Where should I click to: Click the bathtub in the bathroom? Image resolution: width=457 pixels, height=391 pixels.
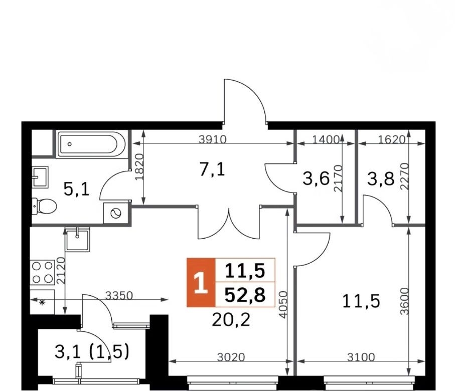click(91, 144)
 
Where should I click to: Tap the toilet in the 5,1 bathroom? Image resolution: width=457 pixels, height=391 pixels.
click(44, 206)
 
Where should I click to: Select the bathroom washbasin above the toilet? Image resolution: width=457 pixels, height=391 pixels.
click(40, 177)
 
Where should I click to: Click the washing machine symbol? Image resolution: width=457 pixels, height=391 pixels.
click(116, 214)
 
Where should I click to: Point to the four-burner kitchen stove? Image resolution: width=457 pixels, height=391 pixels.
click(42, 272)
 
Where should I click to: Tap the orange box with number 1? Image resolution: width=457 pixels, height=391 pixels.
click(201, 282)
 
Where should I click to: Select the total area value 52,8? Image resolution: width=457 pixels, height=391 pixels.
click(245, 295)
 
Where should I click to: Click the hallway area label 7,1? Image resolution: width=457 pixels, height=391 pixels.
click(213, 170)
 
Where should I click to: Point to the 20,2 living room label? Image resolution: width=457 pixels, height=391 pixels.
click(231, 320)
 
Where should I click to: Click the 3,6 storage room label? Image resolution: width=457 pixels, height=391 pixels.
click(316, 179)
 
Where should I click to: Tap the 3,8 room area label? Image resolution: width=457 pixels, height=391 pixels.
click(381, 179)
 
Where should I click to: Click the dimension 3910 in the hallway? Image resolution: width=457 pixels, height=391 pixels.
click(213, 140)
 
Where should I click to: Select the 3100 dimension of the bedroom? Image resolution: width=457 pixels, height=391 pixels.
click(361, 356)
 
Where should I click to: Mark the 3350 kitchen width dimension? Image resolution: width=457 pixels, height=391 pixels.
click(119, 296)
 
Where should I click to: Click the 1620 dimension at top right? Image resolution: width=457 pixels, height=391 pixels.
click(392, 140)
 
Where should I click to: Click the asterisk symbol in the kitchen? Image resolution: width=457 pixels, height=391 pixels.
click(42, 302)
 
